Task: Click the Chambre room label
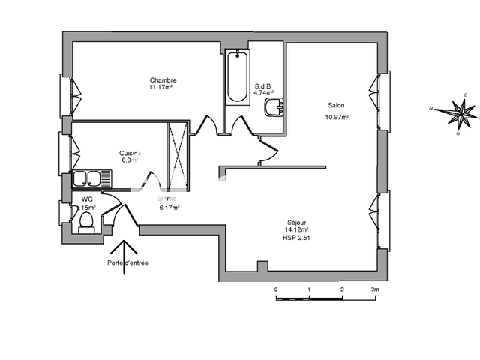pos(163,80)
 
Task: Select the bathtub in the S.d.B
pos(237,76)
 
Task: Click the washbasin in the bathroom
pos(273,110)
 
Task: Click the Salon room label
pos(335,105)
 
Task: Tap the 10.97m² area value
pos(337,117)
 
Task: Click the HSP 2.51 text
pos(297,238)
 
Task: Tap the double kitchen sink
pos(91,179)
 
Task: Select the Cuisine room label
pos(130,153)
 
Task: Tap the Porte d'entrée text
pos(127,262)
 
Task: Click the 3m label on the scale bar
pos(374,289)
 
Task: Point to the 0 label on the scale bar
pos(276,289)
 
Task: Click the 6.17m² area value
pos(169,208)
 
